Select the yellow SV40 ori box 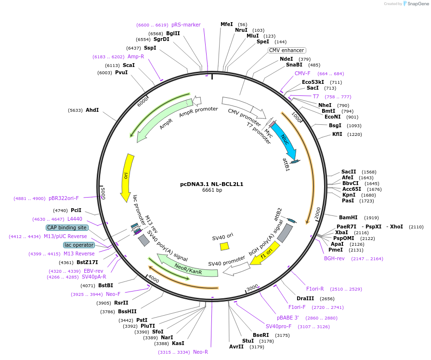click(x=224, y=246)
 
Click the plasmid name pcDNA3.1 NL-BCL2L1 click(x=212, y=184)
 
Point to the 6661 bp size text click(x=212, y=190)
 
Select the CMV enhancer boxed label click(x=287, y=50)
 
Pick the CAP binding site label click(x=67, y=227)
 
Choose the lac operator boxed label click(x=79, y=245)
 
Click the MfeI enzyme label click(x=226, y=24)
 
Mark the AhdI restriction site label click(x=92, y=110)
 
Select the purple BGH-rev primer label click(x=334, y=258)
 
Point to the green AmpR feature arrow click(x=164, y=120)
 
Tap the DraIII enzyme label click(x=305, y=298)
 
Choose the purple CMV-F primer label click(x=302, y=73)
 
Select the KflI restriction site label click(x=337, y=134)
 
